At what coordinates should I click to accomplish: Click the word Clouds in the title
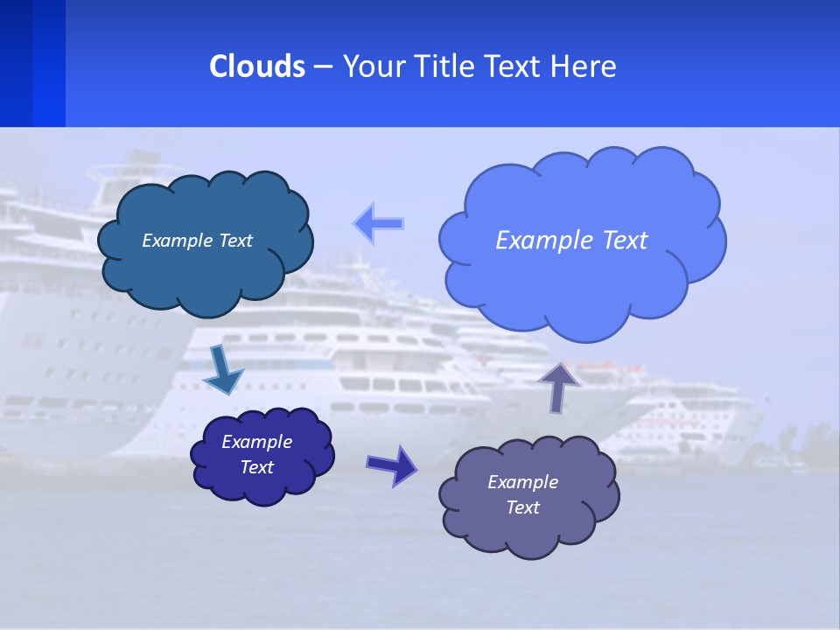pos(257,66)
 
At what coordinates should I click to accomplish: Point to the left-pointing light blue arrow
pos(379,224)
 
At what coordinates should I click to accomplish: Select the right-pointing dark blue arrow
pos(391,465)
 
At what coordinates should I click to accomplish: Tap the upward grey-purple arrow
pos(559,386)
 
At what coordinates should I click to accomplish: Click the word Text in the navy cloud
pos(257,467)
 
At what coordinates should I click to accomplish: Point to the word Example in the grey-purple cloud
pos(522,482)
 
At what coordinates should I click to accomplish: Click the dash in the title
pos(321,67)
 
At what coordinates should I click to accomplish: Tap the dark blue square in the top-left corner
pos(32,63)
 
